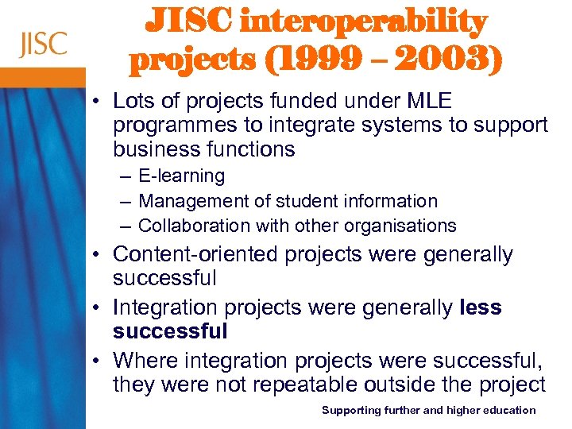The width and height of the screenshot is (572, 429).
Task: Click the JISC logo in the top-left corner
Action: click(44, 44)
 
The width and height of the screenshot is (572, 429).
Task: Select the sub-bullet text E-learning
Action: click(181, 176)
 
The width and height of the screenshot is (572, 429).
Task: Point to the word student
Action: click(289, 201)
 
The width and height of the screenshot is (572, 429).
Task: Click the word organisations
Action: click(408, 226)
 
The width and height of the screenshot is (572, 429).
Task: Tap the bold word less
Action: click(481, 307)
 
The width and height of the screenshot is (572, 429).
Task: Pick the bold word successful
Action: click(170, 330)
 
